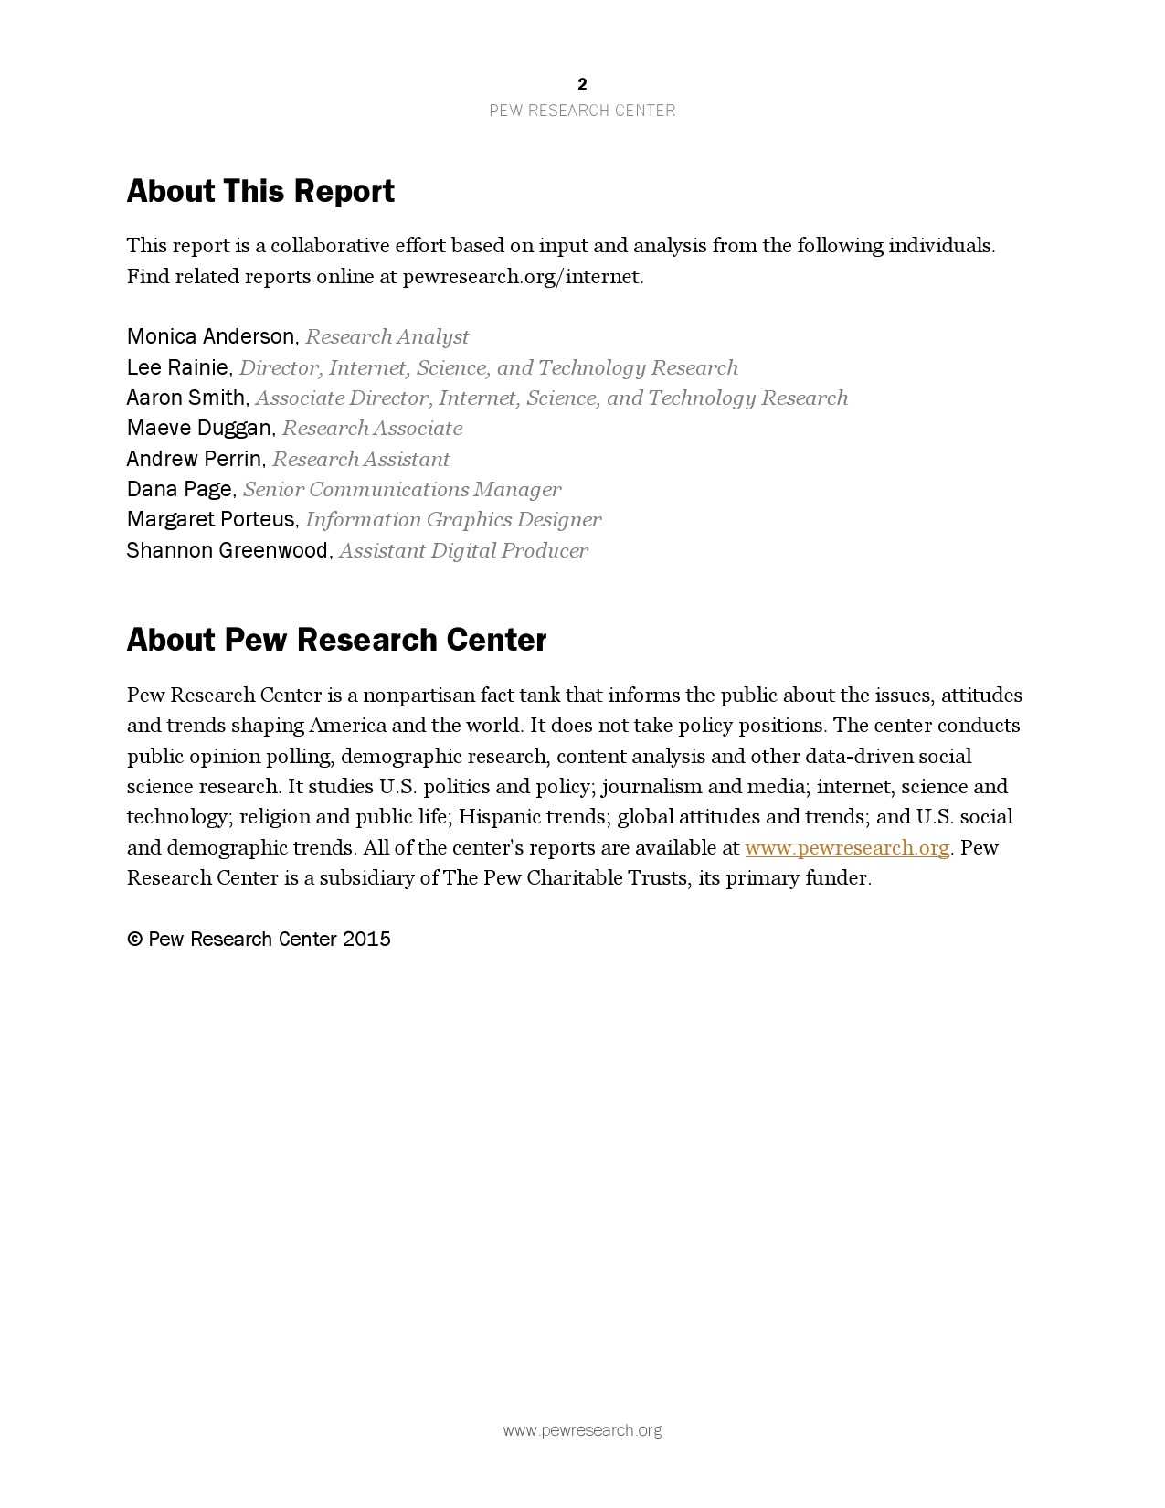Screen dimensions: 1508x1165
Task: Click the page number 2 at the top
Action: tap(582, 84)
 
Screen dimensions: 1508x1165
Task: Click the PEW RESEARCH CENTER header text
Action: tap(582, 111)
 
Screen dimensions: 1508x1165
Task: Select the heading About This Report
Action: tap(260, 191)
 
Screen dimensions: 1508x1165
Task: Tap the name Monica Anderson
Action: tap(210, 336)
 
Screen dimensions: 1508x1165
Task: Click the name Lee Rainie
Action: tap(177, 367)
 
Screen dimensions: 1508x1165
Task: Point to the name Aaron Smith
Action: tap(185, 398)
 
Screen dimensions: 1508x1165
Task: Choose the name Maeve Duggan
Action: tap(198, 428)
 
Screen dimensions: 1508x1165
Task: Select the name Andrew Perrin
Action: tap(194, 459)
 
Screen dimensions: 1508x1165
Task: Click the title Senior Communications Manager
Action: tap(402, 489)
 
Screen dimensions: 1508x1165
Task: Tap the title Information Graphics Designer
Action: tap(453, 520)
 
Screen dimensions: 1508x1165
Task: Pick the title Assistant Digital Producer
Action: tap(463, 550)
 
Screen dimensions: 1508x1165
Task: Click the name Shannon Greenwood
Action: tap(227, 550)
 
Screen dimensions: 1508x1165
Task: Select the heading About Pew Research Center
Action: tap(336, 640)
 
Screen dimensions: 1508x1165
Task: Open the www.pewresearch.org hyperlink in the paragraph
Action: tap(847, 847)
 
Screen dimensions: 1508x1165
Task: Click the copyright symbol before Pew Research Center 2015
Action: tap(134, 939)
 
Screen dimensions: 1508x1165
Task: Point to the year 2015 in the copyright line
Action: tap(366, 939)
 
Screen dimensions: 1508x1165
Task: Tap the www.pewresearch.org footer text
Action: tap(582, 1430)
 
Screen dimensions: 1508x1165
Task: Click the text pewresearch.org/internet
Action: tap(522, 276)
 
